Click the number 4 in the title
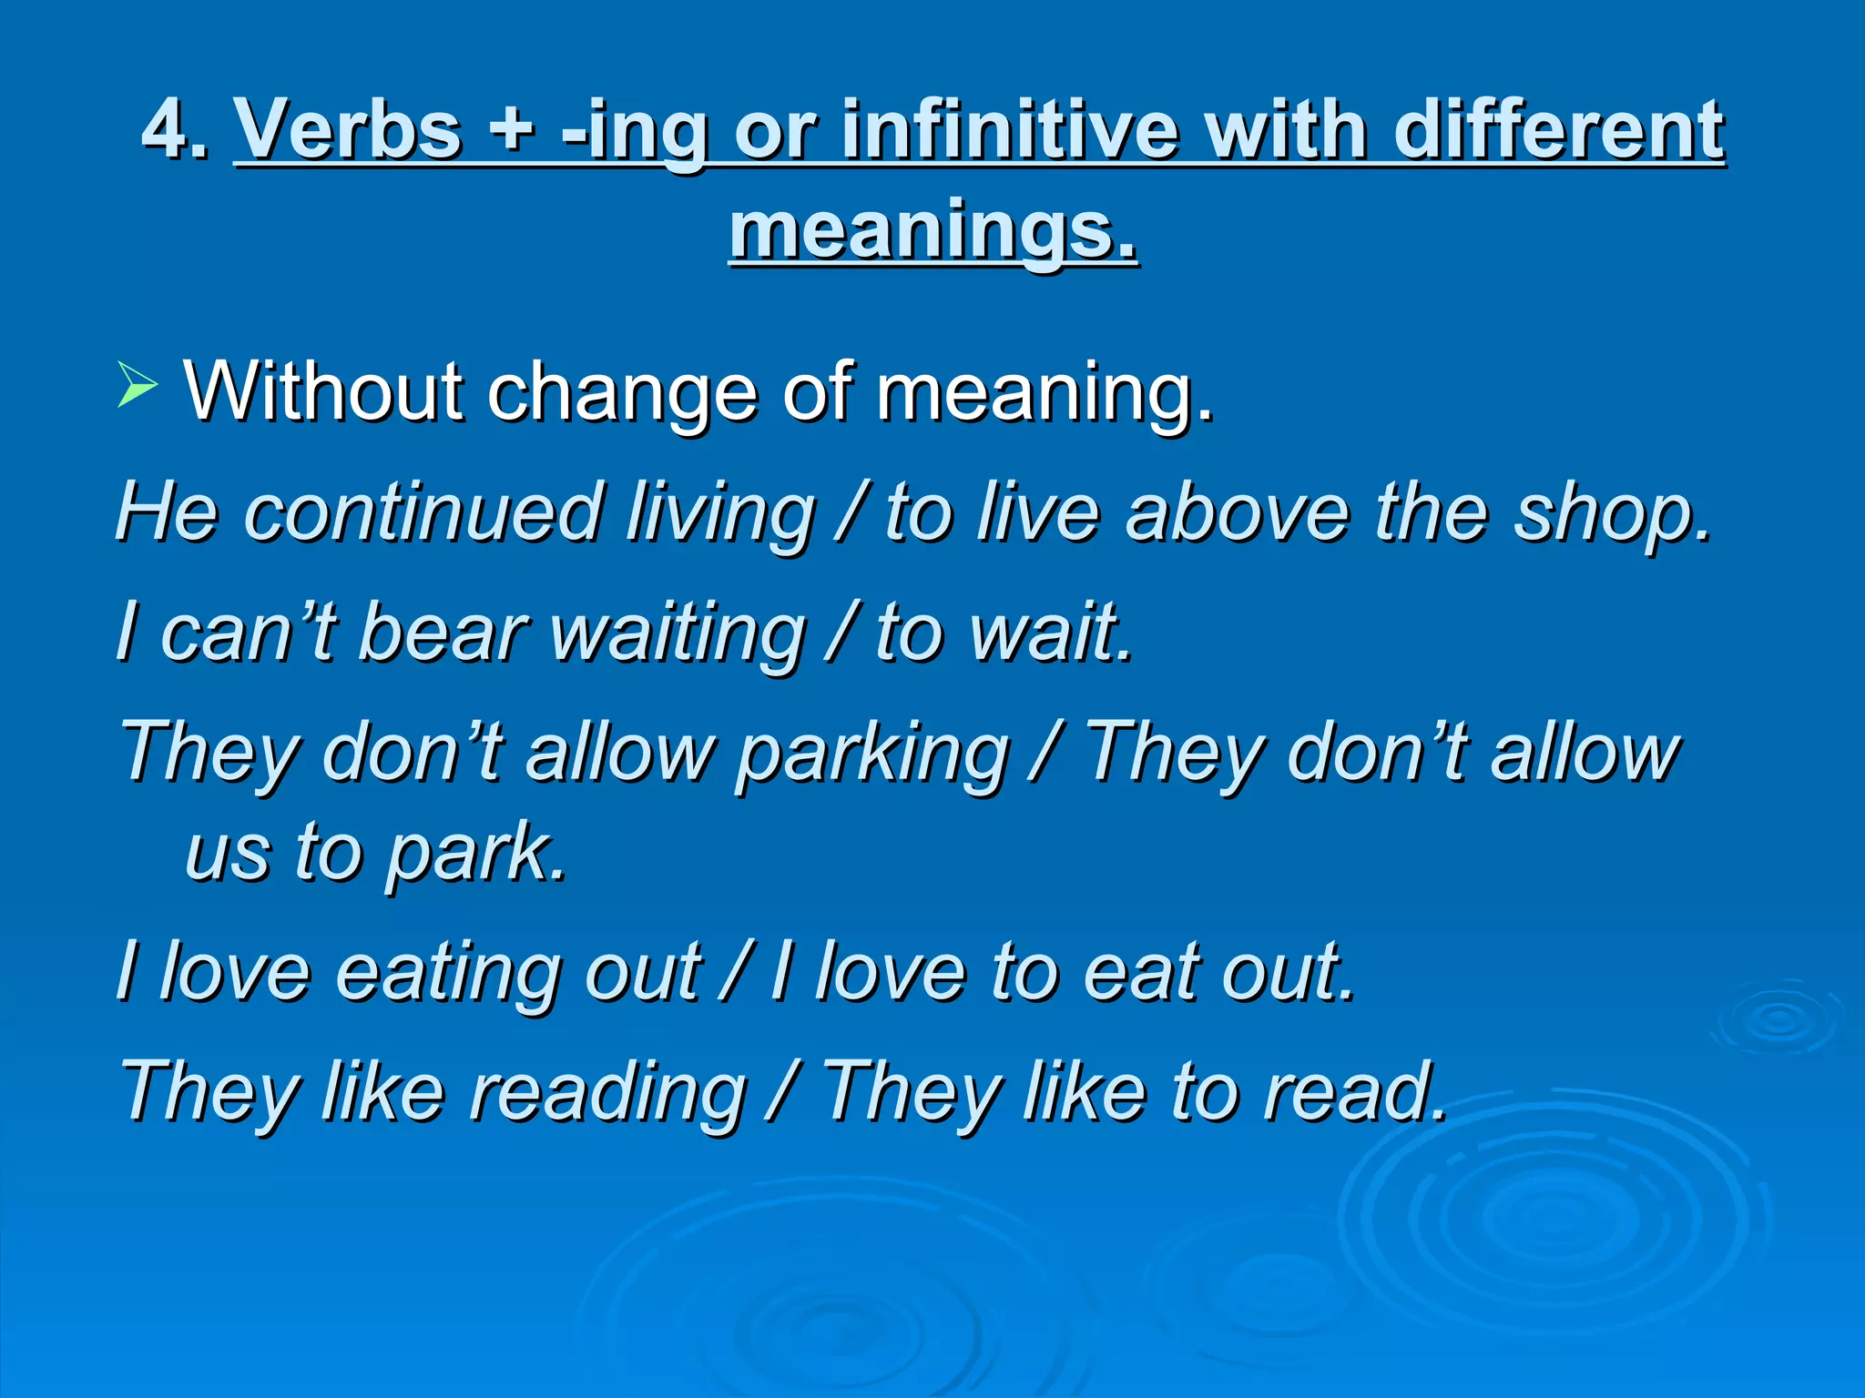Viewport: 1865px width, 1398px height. click(x=166, y=130)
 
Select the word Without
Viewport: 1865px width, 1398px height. click(x=324, y=392)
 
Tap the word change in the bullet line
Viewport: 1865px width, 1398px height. click(x=623, y=392)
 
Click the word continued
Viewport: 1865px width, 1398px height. click(x=424, y=512)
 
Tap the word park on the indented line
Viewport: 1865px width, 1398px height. click(x=474, y=854)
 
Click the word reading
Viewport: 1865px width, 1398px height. click(x=606, y=1093)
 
